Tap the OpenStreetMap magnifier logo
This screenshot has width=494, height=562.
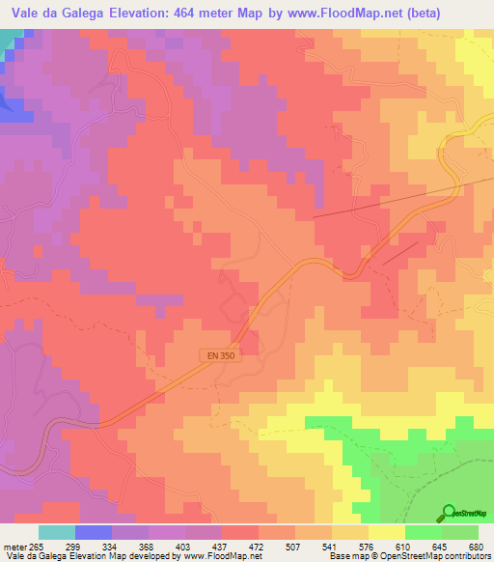(448, 513)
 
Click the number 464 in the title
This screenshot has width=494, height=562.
(188, 13)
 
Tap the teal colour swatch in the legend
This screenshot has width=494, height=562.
(56, 532)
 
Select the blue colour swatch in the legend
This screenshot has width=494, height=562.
(93, 532)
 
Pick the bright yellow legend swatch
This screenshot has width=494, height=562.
(386, 532)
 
